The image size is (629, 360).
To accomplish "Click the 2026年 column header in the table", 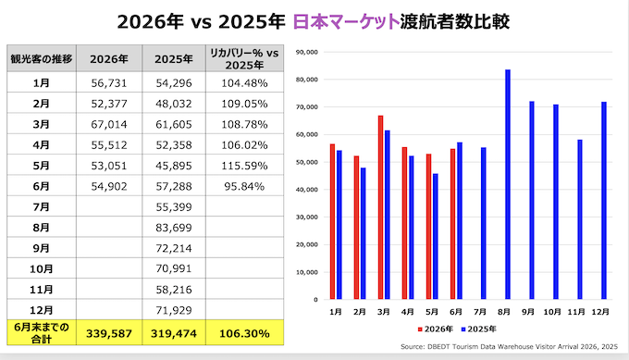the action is [109, 59].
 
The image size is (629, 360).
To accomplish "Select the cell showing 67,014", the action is [109, 124].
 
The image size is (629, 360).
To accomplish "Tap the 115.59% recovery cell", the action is [244, 166].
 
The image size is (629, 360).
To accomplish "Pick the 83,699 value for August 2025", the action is [174, 228].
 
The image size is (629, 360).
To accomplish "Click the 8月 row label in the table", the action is [41, 228].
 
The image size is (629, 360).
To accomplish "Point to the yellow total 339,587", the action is [109, 333].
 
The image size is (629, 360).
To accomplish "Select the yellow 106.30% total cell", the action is [244, 333].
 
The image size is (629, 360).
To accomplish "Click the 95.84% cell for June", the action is [244, 186].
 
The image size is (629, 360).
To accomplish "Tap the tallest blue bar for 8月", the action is [508, 184].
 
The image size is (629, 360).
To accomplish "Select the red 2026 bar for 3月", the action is [380, 207].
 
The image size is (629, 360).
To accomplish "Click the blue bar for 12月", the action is [604, 201].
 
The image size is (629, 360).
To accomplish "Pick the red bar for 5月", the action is [428, 227].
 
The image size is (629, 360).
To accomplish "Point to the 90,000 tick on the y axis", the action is [307, 52].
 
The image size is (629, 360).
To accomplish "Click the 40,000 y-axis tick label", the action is [307, 190].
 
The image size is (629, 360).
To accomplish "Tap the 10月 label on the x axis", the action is [552, 312].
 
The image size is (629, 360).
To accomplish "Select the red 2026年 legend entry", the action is [436, 329].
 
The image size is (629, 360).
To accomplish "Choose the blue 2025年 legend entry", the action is [478, 329].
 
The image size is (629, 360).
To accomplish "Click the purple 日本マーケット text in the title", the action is [346, 21].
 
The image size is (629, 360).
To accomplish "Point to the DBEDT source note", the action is [509, 347].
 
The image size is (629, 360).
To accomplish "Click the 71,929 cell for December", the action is [174, 310].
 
